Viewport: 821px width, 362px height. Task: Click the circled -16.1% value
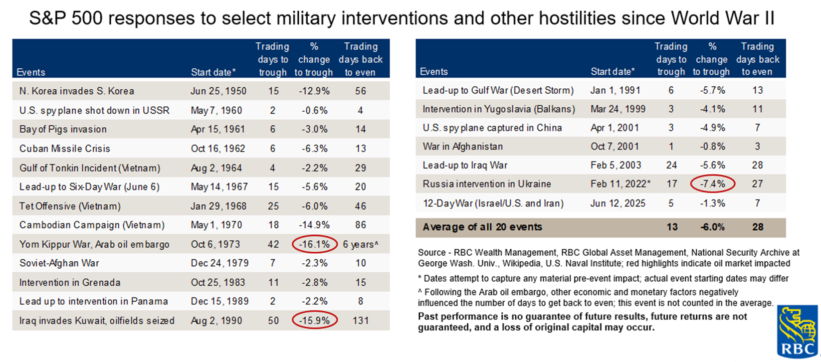pyautogui.click(x=315, y=244)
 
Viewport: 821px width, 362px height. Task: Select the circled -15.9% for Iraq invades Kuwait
pyautogui.click(x=315, y=320)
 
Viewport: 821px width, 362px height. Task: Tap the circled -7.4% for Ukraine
pyautogui.click(x=712, y=184)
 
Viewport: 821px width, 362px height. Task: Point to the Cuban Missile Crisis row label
pyautogui.click(x=65, y=149)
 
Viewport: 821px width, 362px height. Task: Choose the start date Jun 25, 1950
pyautogui.click(x=218, y=91)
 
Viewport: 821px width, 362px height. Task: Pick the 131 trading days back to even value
pyautogui.click(x=361, y=320)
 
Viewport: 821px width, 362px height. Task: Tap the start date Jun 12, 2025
pyautogui.click(x=617, y=203)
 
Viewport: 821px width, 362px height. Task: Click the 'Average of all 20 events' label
pyautogui.click(x=482, y=227)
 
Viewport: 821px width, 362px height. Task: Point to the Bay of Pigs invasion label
pyautogui.click(x=63, y=129)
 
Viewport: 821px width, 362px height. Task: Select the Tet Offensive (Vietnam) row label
pyautogui.click(x=69, y=206)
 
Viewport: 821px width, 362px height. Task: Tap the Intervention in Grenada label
pyautogui.click(x=70, y=283)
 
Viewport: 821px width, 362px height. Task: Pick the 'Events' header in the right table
pyautogui.click(x=433, y=72)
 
